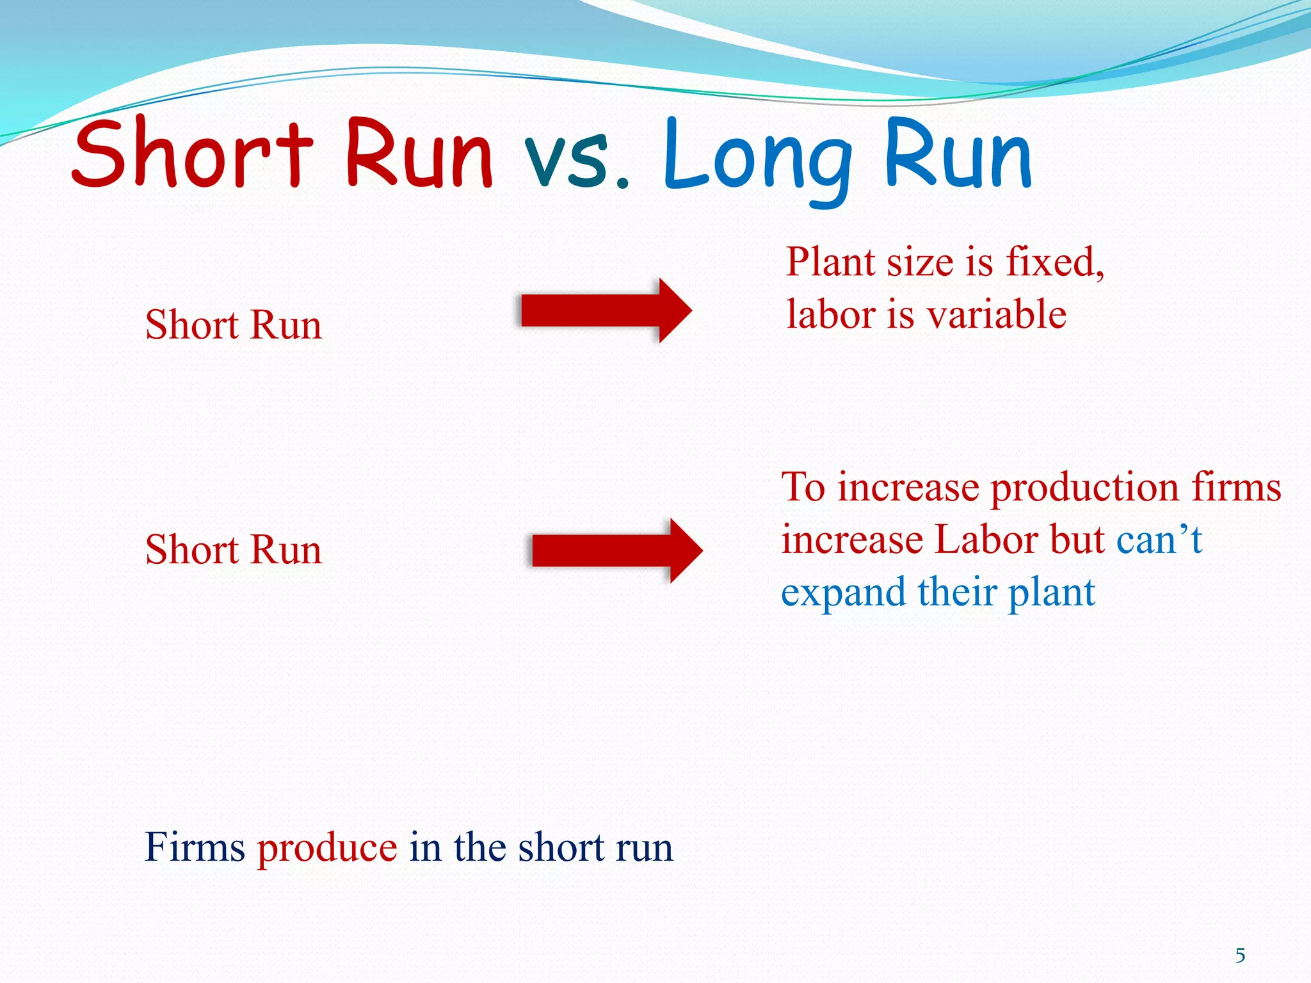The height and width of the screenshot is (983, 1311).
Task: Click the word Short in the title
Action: pos(192,154)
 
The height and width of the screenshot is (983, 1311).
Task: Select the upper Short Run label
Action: pos(234,324)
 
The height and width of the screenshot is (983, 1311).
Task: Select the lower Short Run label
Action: pos(234,550)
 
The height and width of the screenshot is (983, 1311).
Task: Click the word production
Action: pos(1084,488)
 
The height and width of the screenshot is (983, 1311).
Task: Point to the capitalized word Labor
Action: pos(986,539)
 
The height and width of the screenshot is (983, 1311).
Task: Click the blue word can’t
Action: pos(1159,539)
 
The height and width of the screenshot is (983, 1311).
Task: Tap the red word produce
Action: pos(327,847)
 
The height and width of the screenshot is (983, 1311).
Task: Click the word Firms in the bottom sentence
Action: pos(195,847)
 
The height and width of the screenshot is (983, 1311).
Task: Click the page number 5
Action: pos(1240,955)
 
